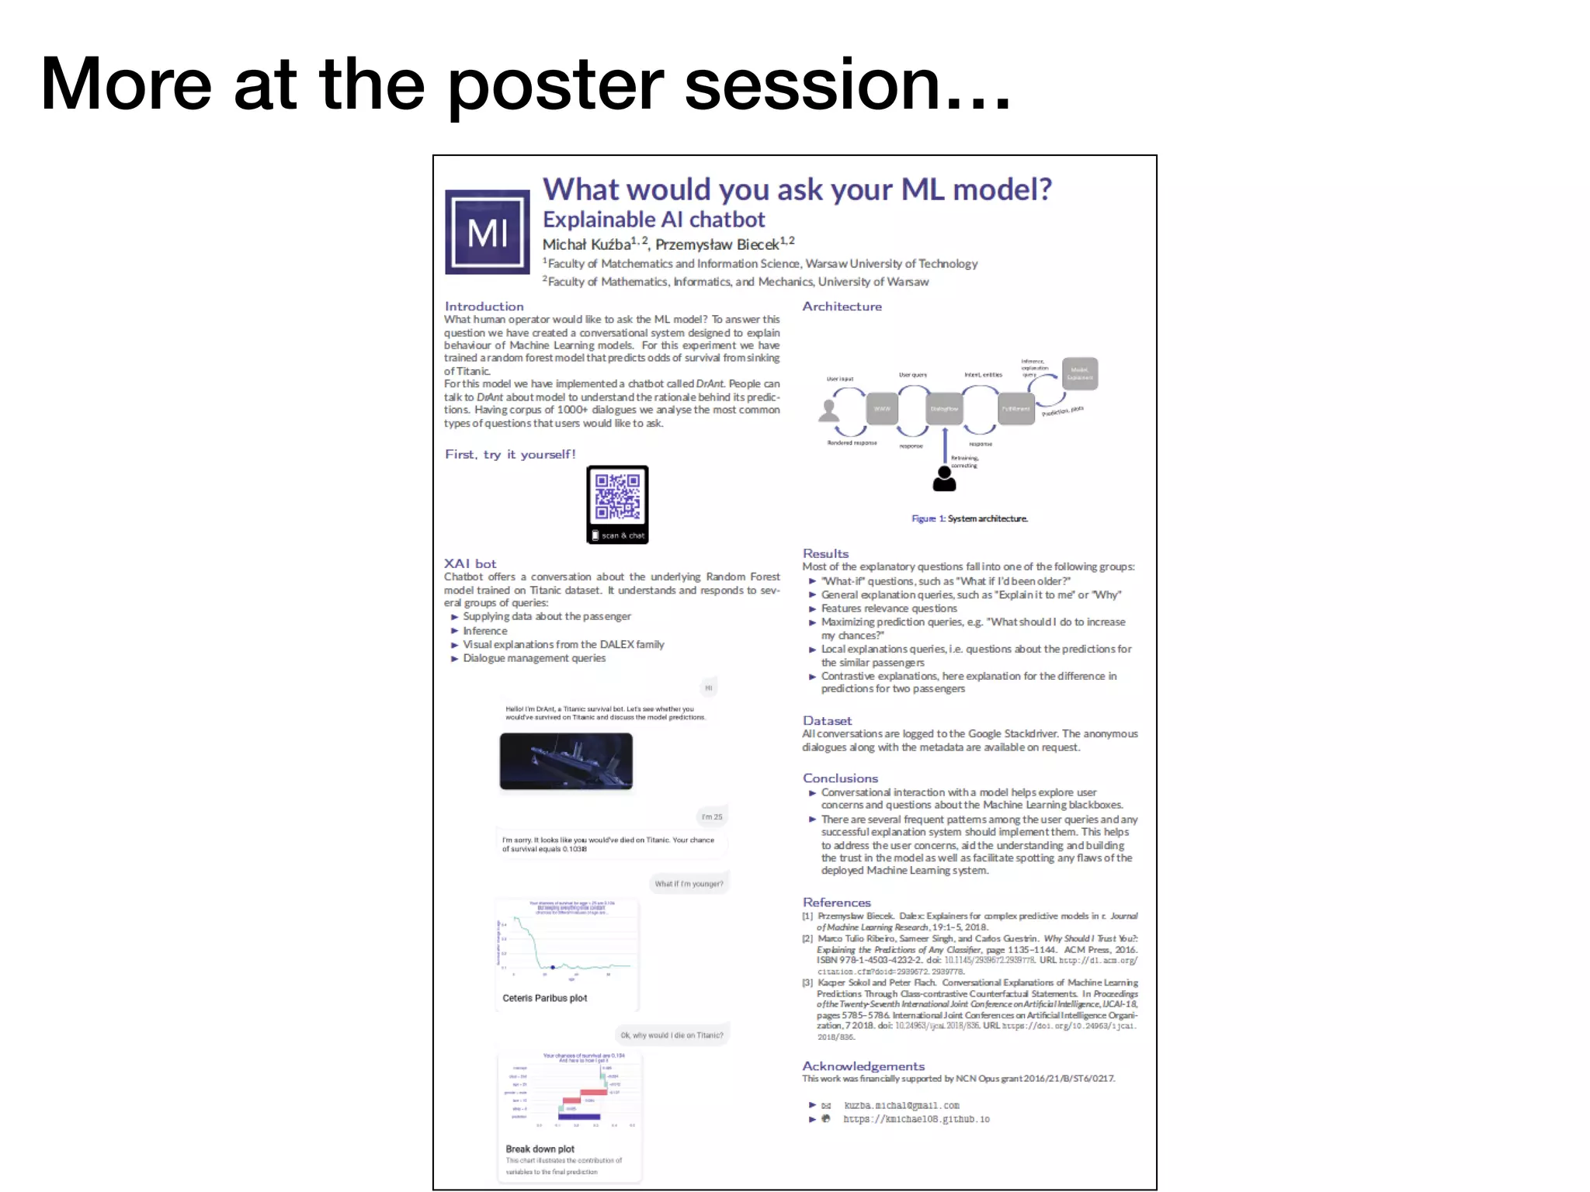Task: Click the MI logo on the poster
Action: (487, 232)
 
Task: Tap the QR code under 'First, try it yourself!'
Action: (617, 498)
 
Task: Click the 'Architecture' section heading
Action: (842, 307)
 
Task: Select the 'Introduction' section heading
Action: (484, 307)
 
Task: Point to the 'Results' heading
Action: (825, 553)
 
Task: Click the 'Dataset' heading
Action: (827, 721)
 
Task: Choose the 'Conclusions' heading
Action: (840, 778)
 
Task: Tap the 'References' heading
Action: (836, 903)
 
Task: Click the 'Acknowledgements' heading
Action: (863, 1066)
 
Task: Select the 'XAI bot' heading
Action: (470, 563)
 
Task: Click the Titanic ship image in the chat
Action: (566, 761)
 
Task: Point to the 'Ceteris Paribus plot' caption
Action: (544, 998)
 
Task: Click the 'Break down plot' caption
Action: (540, 1149)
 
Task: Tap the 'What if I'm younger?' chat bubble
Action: (689, 884)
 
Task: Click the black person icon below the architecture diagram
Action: (944, 479)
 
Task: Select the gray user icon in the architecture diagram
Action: (829, 411)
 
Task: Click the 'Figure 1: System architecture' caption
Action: (970, 518)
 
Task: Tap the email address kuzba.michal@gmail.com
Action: (901, 1105)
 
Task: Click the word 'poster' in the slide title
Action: (555, 85)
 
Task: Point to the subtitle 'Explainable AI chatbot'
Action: (654, 220)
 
